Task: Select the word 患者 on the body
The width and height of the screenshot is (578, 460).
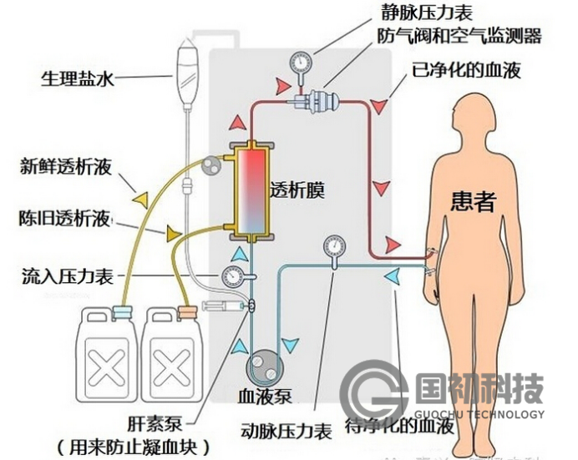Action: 474,200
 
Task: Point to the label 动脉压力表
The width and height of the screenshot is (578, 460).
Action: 286,432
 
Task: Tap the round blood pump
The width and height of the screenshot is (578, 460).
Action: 266,364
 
